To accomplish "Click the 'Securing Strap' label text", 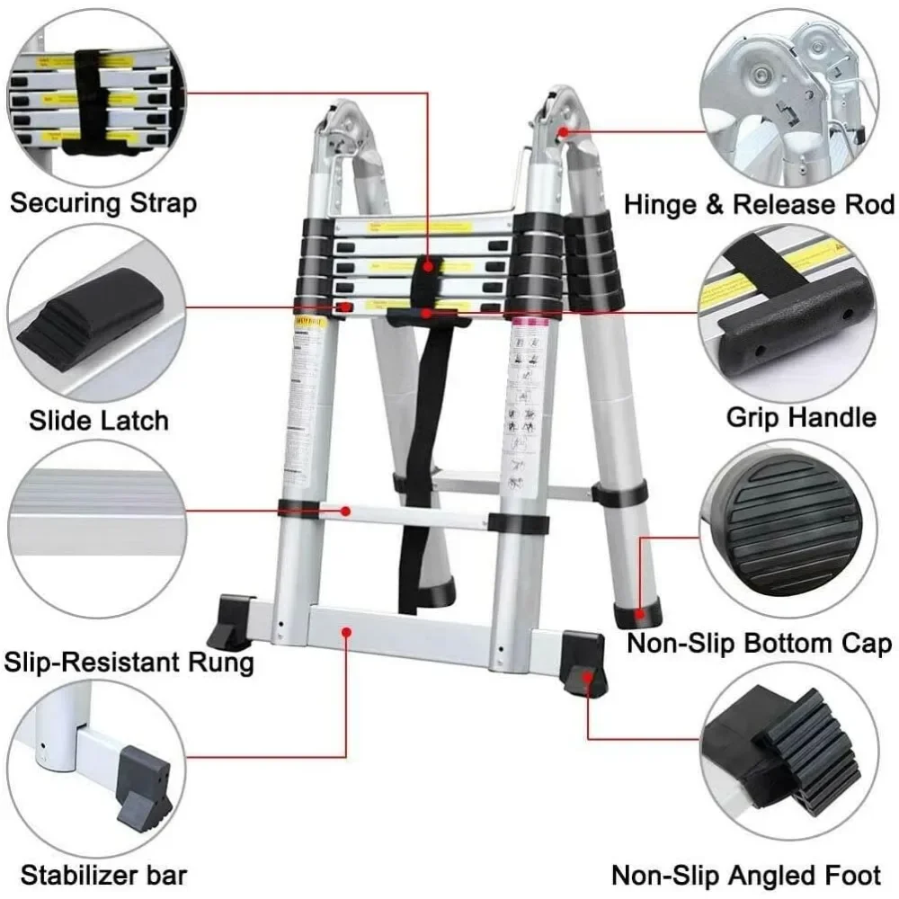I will [x=102, y=202].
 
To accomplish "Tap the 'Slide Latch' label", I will [x=99, y=420].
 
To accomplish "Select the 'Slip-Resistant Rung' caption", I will [x=129, y=663].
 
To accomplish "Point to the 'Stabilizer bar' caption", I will [x=104, y=874].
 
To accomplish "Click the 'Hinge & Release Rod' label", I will [x=760, y=204].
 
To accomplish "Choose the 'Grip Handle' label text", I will [x=801, y=417].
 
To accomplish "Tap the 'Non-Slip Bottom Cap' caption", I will [x=760, y=643].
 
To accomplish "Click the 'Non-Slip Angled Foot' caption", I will [x=747, y=875].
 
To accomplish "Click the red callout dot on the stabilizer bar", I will [x=346, y=633].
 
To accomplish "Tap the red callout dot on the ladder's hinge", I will [x=563, y=131].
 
